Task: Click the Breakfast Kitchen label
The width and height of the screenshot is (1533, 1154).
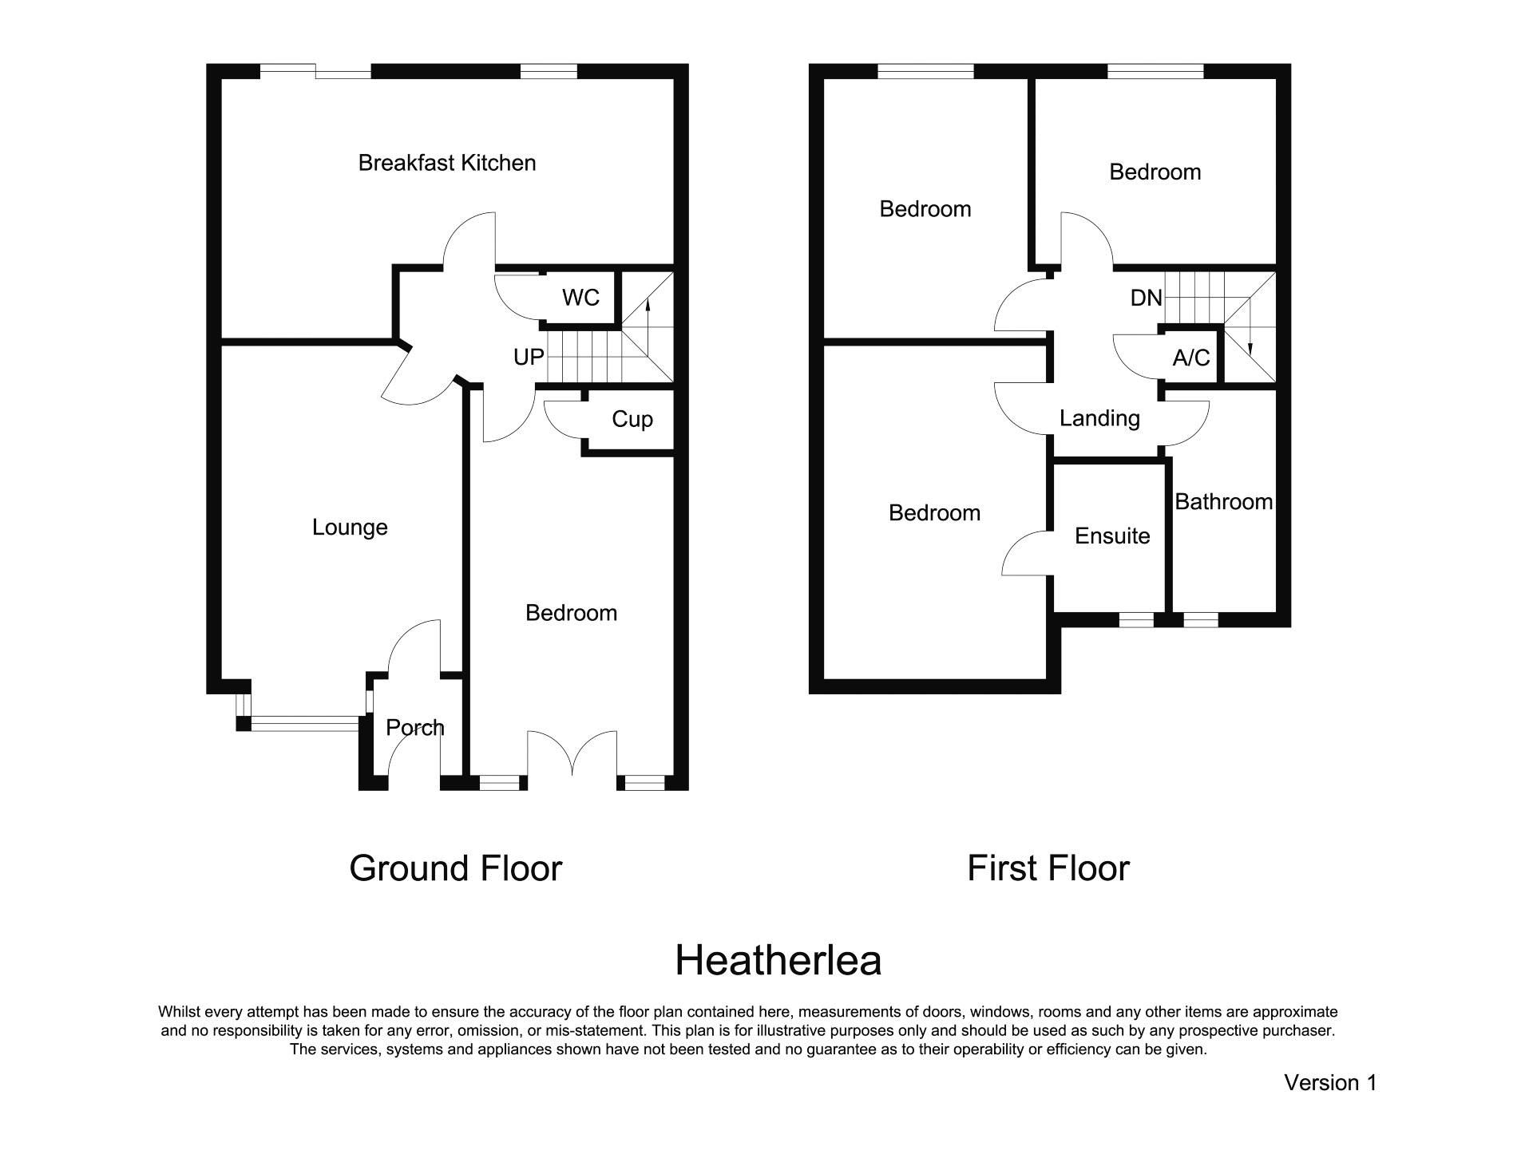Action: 446,163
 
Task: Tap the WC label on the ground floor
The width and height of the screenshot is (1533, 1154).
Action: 580,298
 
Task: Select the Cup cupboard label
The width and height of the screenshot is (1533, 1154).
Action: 632,419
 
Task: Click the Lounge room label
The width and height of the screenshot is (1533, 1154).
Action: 350,528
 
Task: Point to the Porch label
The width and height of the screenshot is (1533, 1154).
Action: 414,728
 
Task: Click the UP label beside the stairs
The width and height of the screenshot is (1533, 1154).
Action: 528,358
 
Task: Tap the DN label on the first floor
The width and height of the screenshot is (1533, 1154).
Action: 1146,298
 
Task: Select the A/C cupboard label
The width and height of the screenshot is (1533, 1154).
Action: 1190,358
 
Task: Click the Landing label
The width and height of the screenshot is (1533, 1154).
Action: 1099,418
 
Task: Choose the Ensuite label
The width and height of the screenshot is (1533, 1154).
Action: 1111,536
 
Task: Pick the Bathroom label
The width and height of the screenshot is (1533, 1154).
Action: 1223,502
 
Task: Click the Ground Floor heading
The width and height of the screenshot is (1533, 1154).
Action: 455,868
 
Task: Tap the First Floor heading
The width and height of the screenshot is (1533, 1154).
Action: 1048,868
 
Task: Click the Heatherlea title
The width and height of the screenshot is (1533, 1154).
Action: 778,960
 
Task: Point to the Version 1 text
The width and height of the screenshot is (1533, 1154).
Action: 1329,1083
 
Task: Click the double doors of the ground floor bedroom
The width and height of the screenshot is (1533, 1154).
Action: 572,754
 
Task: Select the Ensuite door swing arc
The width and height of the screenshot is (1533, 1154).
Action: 1025,552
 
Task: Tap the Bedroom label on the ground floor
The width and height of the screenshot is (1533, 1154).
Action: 571,613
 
